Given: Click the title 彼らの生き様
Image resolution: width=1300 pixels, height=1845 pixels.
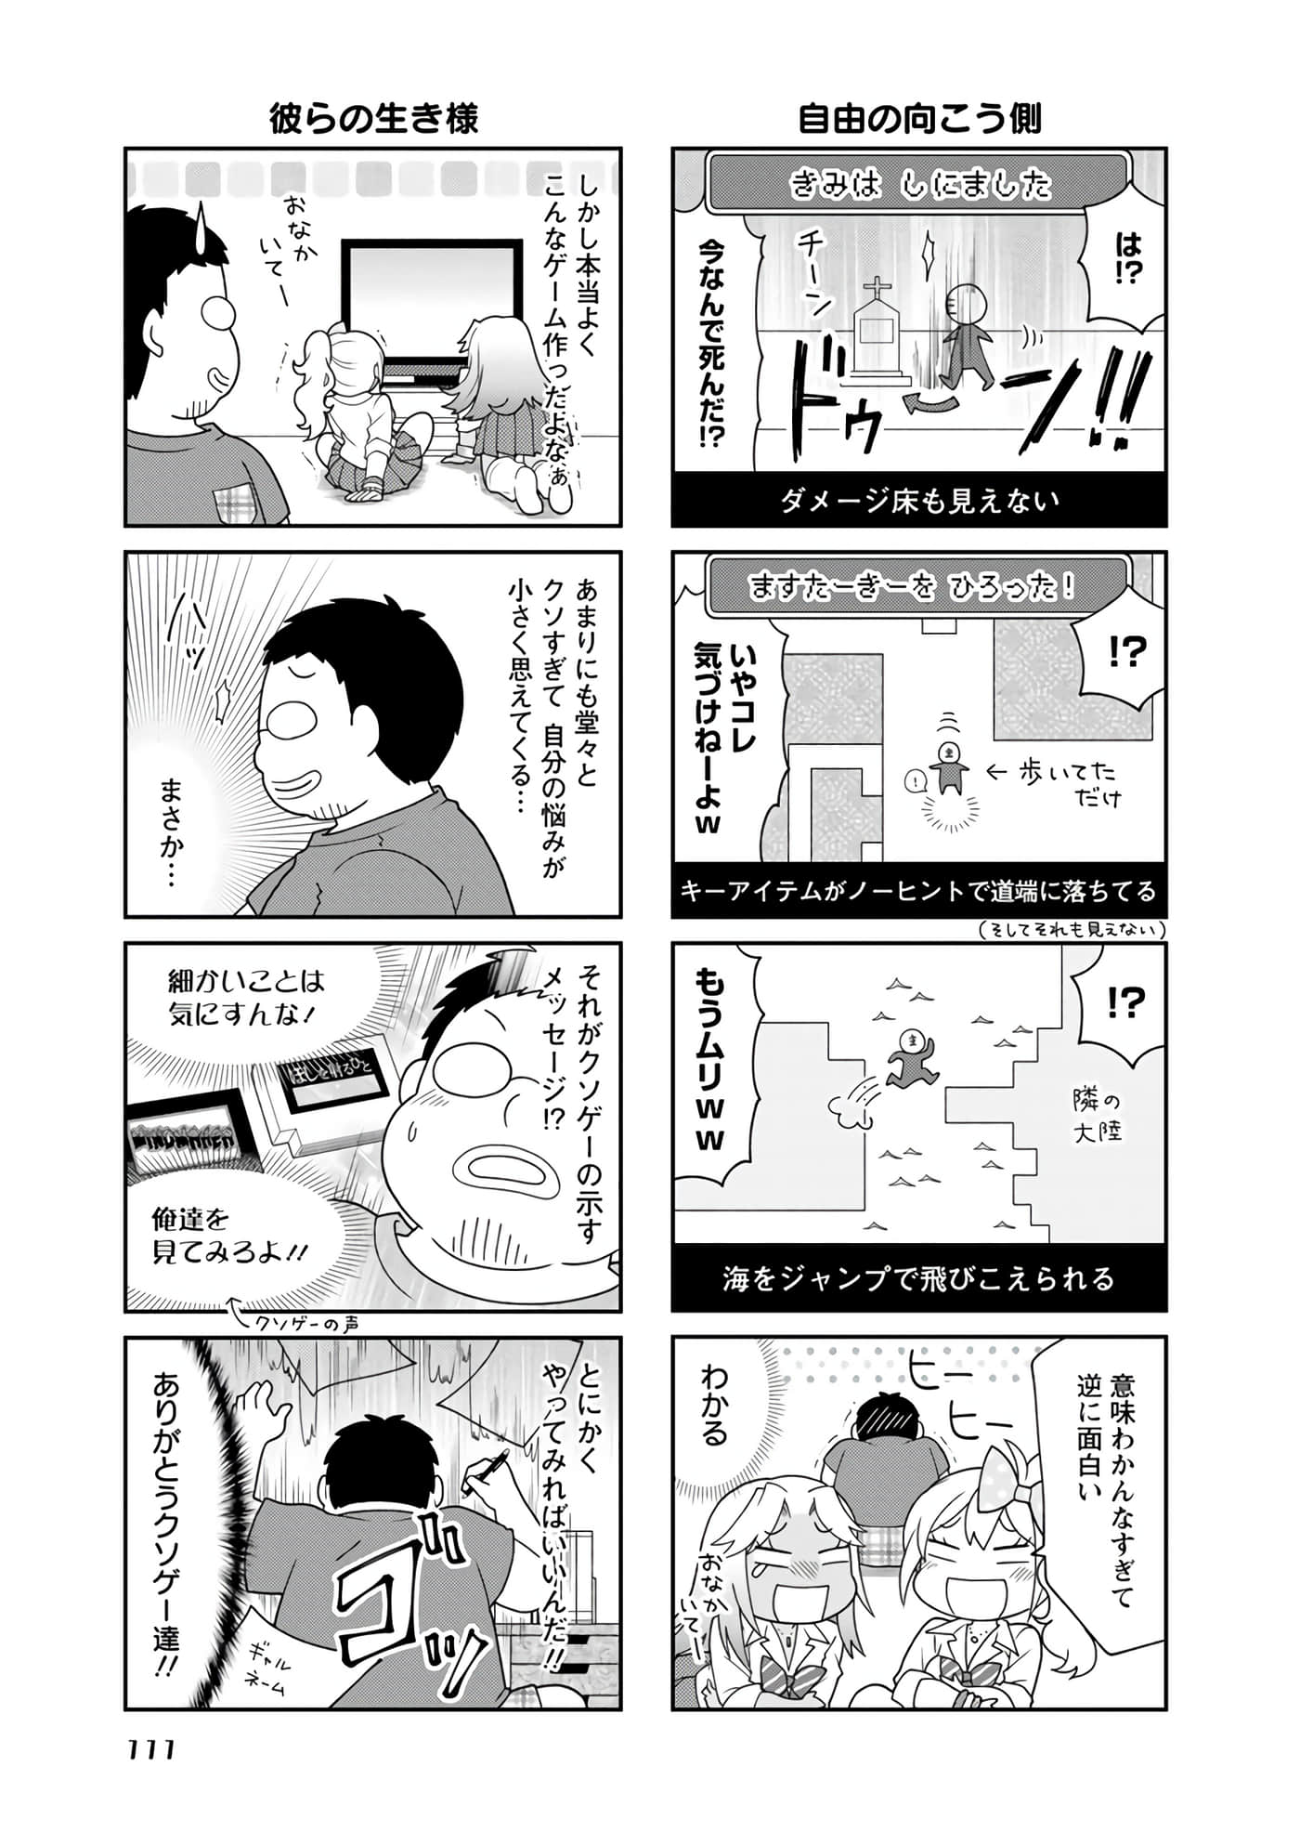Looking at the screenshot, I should [373, 119].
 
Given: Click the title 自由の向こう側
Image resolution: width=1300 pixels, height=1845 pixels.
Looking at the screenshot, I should [919, 119].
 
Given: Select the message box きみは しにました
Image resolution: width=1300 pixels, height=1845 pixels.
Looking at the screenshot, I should [919, 183].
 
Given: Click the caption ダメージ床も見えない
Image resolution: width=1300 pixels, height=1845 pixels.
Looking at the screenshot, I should [919, 501].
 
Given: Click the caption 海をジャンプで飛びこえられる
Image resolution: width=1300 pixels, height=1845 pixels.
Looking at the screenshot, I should [919, 1278].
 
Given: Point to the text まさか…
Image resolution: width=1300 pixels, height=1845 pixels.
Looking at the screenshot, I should [173, 831].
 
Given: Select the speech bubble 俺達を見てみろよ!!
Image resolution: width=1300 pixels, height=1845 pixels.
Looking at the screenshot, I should [229, 1236].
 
